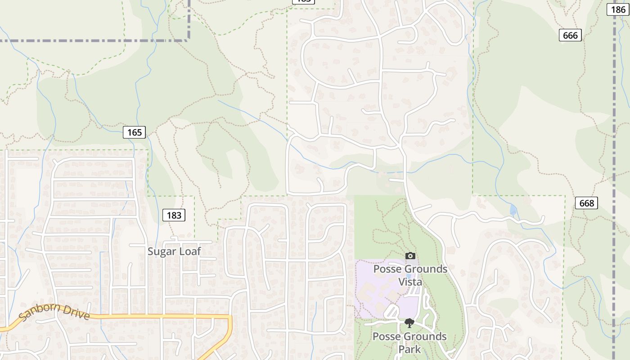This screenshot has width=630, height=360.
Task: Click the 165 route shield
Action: tap(134, 132)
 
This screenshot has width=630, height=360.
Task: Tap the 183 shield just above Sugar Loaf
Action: tap(174, 215)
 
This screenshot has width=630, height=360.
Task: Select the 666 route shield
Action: tap(570, 35)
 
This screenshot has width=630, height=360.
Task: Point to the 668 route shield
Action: tap(587, 203)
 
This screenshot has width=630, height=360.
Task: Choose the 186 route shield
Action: tap(617, 9)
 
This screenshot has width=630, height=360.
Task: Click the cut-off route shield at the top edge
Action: tap(303, 1)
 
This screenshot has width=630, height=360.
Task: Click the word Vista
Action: tap(410, 282)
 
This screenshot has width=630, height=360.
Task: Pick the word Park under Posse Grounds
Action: tap(409, 349)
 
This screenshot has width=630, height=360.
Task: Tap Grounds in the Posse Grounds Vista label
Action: tap(424, 269)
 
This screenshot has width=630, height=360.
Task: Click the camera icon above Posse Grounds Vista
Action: tap(410, 256)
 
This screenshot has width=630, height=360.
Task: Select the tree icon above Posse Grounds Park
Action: tap(409, 323)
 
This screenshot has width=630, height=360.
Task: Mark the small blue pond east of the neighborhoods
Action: tap(513, 210)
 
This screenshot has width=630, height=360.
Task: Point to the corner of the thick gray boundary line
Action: tap(189, 40)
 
